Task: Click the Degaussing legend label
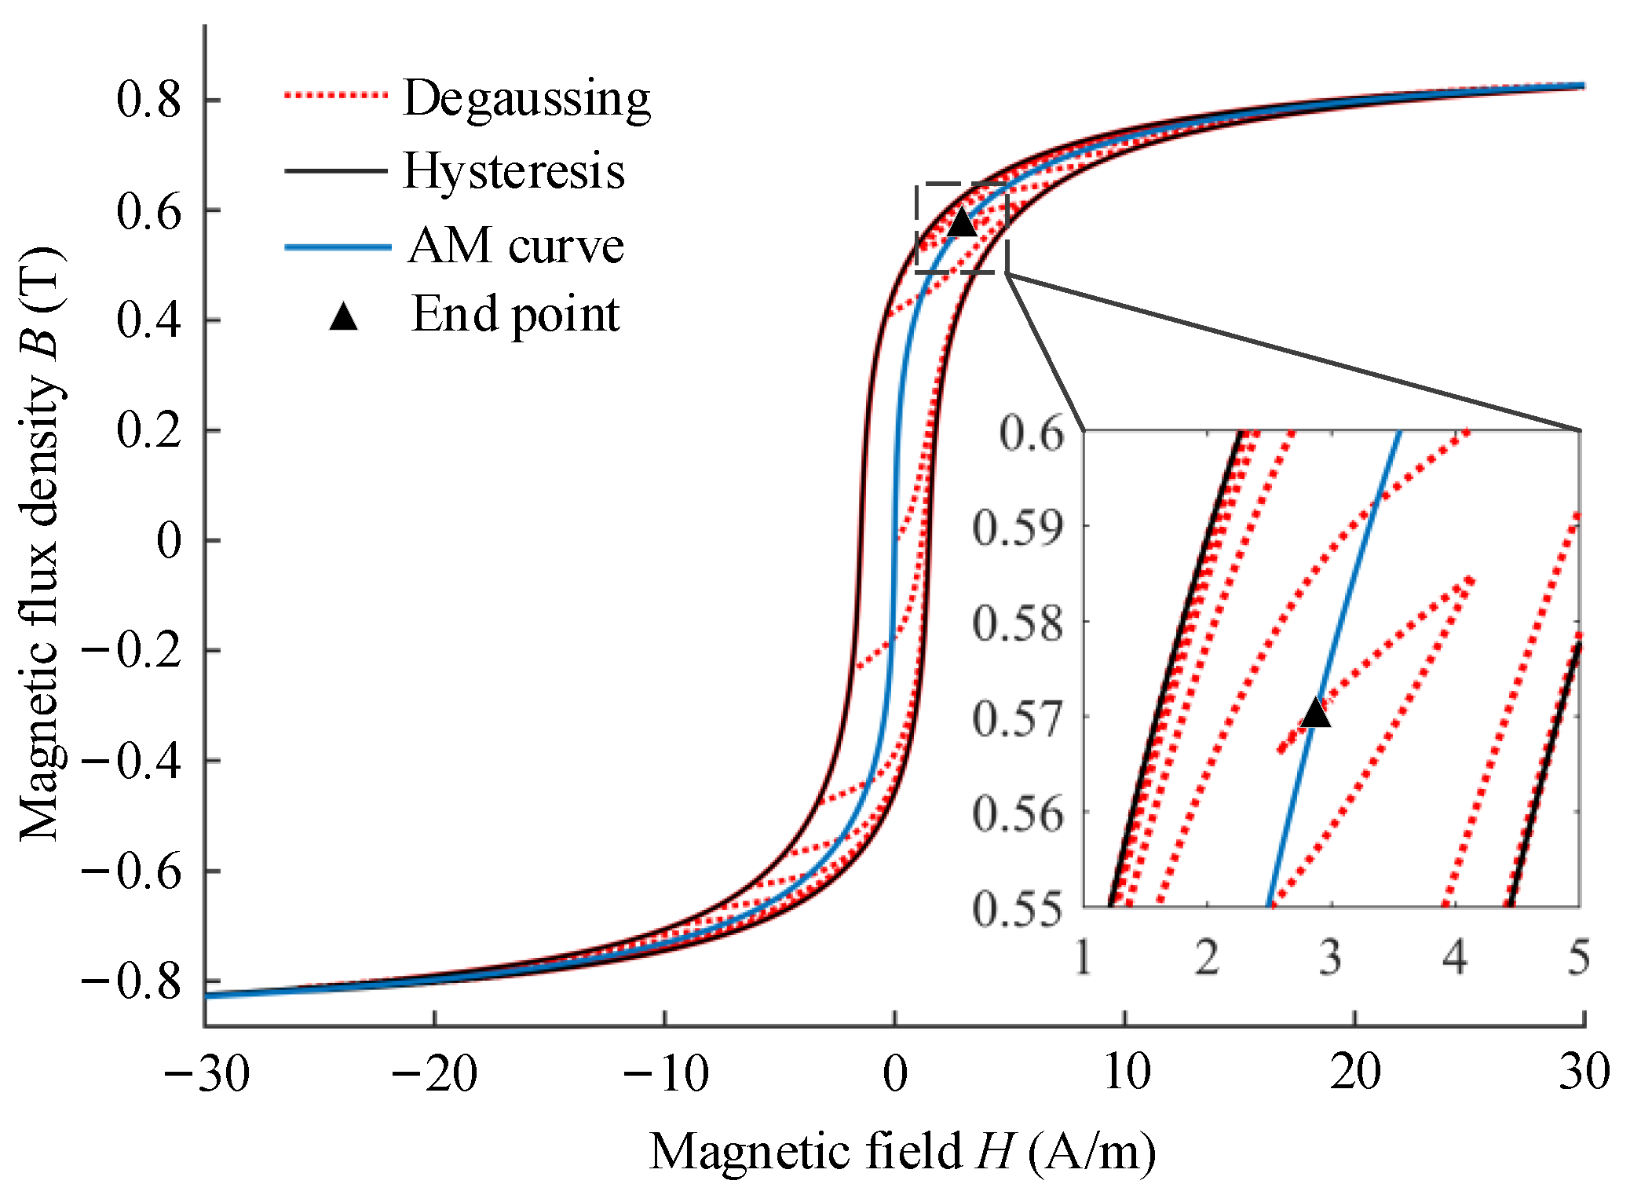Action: click(x=525, y=99)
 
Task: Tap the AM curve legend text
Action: click(x=516, y=246)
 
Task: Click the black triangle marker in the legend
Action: click(x=343, y=316)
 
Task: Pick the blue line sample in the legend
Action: click(x=338, y=247)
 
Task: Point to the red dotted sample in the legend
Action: click(x=336, y=96)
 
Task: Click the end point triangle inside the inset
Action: click(x=1316, y=714)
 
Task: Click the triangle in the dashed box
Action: click(x=962, y=223)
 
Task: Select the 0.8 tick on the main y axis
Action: click(x=149, y=100)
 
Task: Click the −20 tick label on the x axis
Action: click(x=434, y=1073)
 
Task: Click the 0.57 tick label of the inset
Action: click(x=1018, y=718)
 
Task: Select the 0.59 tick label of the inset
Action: click(x=1018, y=528)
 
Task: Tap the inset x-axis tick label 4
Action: click(x=1455, y=957)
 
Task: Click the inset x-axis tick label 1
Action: click(x=1084, y=957)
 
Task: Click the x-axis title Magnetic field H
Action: click(x=902, y=1152)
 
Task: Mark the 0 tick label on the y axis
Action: click(x=168, y=540)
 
